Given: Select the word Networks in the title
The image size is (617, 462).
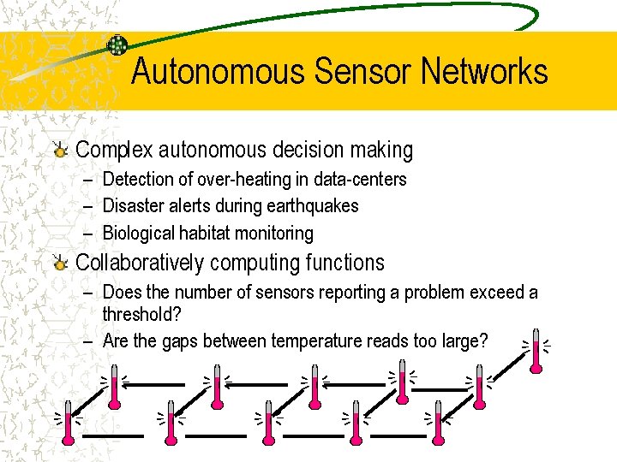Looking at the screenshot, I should tap(484, 71).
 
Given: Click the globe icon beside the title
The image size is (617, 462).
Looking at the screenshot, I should tap(117, 46).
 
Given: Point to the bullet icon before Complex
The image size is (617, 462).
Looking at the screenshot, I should tap(59, 151).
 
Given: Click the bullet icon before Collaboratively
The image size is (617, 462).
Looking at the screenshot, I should tap(59, 264).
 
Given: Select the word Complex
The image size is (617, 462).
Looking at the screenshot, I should tap(112, 151).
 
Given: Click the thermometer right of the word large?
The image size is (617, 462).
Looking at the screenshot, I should tap(536, 351).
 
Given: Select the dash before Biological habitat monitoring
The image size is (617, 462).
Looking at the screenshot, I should tap(90, 233).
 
